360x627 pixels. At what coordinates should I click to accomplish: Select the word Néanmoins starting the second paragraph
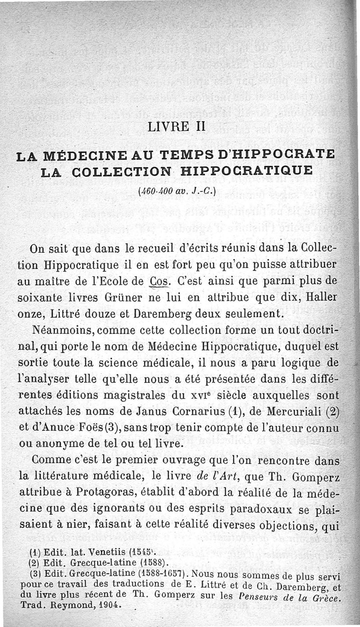tap(63, 330)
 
